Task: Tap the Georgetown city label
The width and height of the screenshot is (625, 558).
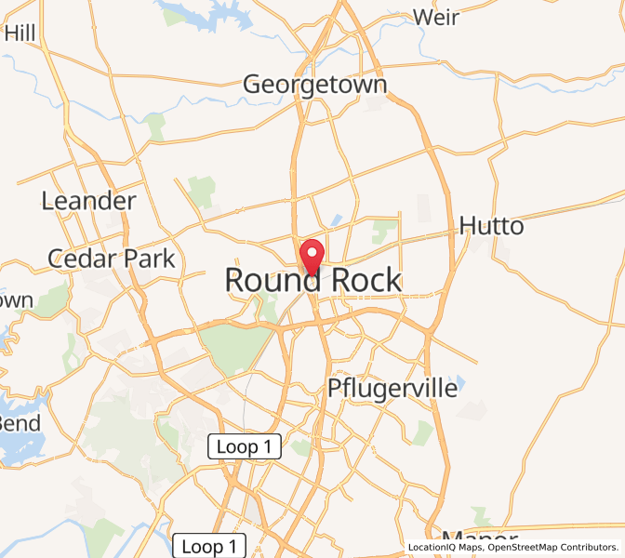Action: point(314,85)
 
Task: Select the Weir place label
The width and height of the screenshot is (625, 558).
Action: point(435,17)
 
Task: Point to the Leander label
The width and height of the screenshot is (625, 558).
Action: point(89,200)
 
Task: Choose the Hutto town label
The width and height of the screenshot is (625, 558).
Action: point(491,226)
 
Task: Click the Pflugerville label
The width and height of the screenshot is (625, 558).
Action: point(392,388)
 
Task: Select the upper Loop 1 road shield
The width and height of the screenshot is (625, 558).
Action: point(244,446)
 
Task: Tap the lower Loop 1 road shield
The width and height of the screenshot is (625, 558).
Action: point(211,546)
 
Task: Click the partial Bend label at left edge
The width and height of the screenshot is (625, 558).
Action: point(19,423)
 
